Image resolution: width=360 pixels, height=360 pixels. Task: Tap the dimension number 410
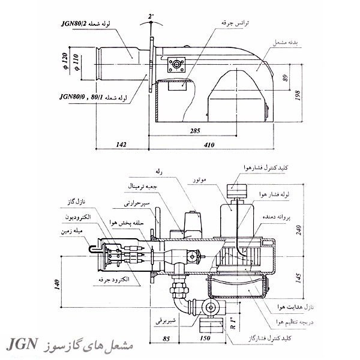[x=208, y=144]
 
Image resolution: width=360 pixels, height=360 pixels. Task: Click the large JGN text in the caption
[x=23, y=346]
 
